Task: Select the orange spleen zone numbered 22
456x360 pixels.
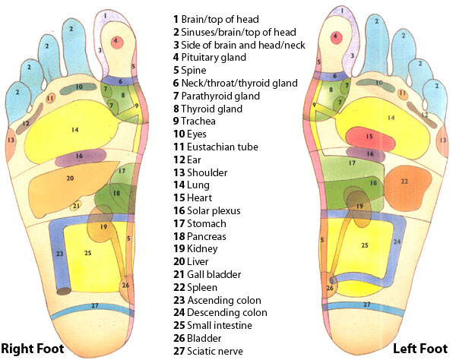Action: point(404,182)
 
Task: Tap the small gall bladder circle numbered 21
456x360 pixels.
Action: point(75,206)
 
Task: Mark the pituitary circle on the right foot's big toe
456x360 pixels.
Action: point(116,40)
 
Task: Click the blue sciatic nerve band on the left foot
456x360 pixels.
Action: point(367,305)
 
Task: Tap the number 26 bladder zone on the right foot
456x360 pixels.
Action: point(125,286)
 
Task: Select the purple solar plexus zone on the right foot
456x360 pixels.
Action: point(79,156)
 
